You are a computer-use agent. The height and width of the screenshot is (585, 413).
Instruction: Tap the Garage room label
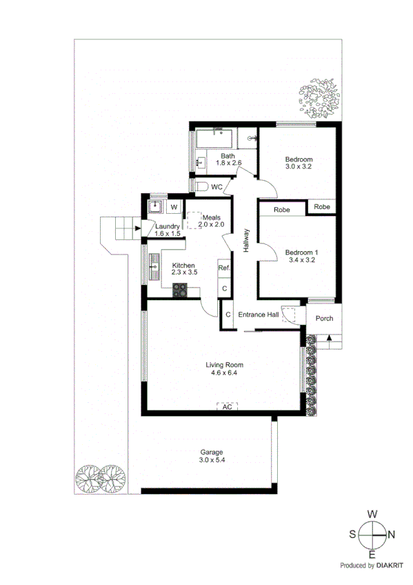[x=212, y=452]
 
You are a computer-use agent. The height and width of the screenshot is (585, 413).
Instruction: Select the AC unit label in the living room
[x=227, y=407]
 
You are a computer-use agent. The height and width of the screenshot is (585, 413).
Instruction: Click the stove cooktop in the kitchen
[x=181, y=290]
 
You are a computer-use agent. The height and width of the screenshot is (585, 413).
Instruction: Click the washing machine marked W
[x=174, y=206]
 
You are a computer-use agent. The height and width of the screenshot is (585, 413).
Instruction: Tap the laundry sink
[x=156, y=206]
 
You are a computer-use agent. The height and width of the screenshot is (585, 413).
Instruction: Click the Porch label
[x=323, y=318]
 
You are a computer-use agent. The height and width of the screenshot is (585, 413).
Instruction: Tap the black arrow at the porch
[x=330, y=338]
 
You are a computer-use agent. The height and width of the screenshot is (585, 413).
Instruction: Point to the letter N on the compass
[x=391, y=533]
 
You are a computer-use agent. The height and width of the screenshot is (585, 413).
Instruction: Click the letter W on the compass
[x=372, y=515]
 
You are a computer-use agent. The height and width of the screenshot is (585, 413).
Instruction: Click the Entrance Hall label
[x=258, y=315]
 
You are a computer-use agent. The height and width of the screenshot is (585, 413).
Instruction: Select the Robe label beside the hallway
[x=281, y=210]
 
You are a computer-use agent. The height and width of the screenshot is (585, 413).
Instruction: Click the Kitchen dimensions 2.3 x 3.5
[x=184, y=273]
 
